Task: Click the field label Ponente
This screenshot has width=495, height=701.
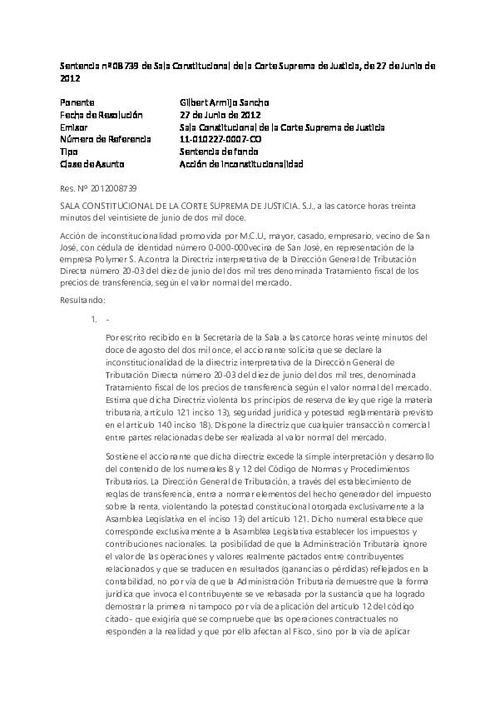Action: click(x=77, y=102)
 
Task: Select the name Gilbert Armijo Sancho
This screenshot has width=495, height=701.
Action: click(x=224, y=102)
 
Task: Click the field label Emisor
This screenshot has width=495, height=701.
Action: click(x=73, y=127)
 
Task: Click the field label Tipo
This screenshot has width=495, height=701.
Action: click(x=69, y=152)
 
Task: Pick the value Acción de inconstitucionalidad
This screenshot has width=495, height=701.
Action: click(x=241, y=165)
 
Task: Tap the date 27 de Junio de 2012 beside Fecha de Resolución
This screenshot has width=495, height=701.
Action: click(x=220, y=115)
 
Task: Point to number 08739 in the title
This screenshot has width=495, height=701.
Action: click(x=121, y=65)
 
